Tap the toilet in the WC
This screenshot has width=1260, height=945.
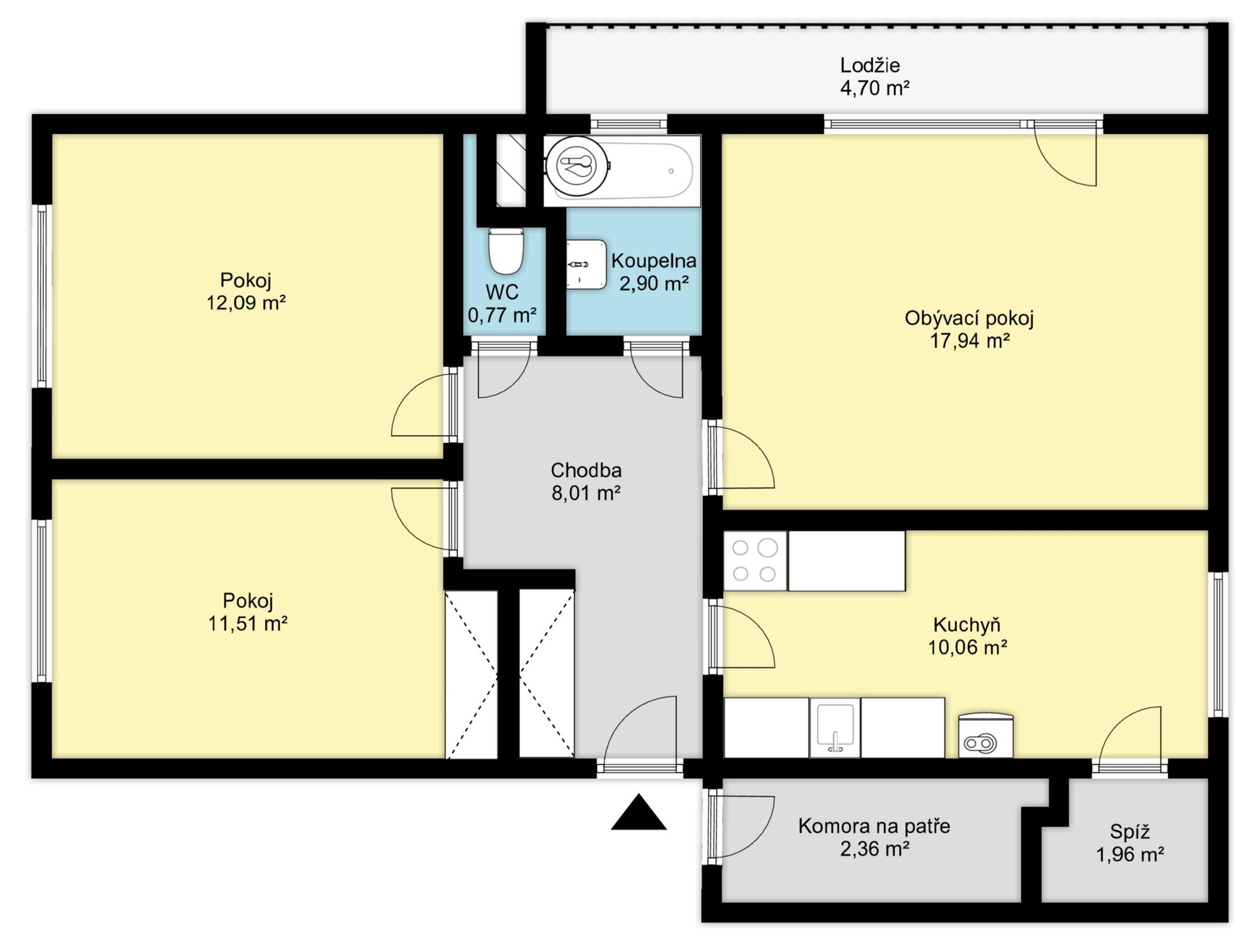click(506, 251)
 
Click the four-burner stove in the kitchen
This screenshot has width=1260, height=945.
click(755, 560)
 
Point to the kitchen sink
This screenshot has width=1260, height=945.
click(835, 728)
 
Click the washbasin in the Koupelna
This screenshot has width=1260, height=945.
click(586, 264)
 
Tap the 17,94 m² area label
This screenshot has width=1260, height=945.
click(969, 341)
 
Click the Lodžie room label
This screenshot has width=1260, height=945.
click(870, 65)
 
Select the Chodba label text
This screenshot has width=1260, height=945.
click(586, 470)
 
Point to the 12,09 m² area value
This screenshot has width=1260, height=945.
click(246, 303)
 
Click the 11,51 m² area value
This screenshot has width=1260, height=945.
click(247, 623)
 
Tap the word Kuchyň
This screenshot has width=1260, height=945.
click(967, 624)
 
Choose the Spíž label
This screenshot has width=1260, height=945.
click(1130, 832)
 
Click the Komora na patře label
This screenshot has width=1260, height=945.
click(874, 826)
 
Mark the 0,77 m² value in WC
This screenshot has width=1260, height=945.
click(502, 315)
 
